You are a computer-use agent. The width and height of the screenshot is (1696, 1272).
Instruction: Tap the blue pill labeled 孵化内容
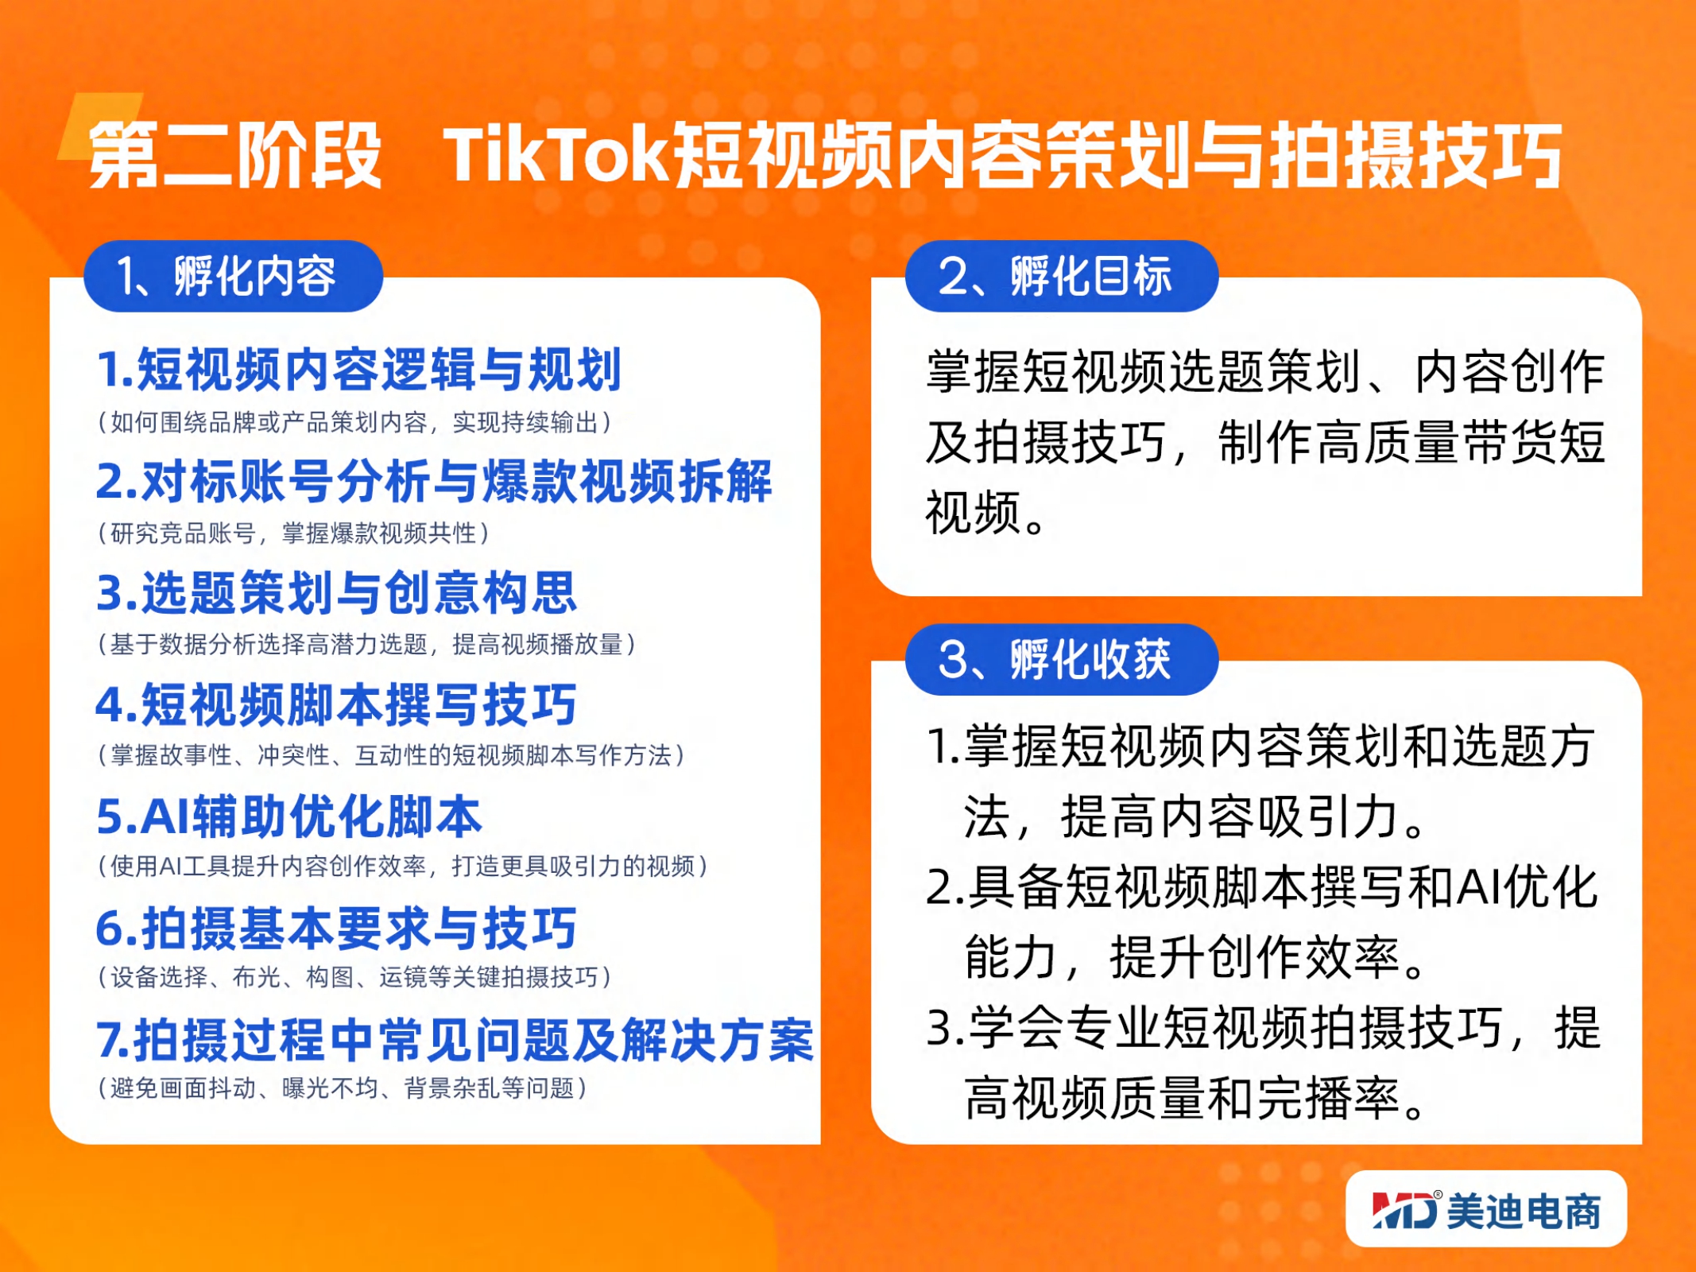pyautogui.click(x=234, y=276)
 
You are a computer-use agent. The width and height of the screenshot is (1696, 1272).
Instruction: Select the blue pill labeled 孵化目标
pyautogui.click(x=1062, y=276)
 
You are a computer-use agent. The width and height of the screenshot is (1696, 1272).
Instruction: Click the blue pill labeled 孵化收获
pyautogui.click(x=1062, y=659)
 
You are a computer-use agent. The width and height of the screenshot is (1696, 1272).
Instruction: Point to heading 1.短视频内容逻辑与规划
pyautogui.click(x=358, y=370)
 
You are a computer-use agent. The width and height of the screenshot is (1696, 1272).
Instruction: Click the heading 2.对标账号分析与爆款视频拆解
pyautogui.click(x=434, y=481)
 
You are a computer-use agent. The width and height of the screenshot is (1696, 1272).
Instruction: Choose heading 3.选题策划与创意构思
pyautogui.click(x=336, y=592)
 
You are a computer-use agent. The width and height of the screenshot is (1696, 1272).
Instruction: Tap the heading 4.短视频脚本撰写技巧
pyautogui.click(x=336, y=704)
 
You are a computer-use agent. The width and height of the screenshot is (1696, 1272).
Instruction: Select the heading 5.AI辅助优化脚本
pyautogui.click(x=289, y=816)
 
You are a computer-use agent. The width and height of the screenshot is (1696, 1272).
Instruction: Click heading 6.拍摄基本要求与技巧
pyautogui.click(x=336, y=928)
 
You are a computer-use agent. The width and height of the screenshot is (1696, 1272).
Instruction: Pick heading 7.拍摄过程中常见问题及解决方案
pyautogui.click(x=455, y=1040)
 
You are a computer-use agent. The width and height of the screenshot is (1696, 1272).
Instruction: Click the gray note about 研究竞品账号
pyautogui.click(x=293, y=533)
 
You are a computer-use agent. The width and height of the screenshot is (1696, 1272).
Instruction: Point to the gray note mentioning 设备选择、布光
pyautogui.click(x=354, y=977)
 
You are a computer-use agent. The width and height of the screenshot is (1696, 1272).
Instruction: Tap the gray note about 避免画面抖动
pyautogui.click(x=343, y=1088)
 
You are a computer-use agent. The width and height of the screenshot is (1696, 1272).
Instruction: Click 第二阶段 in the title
pyautogui.click(x=235, y=154)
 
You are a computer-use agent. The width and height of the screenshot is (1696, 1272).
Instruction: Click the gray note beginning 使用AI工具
pyautogui.click(x=403, y=866)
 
